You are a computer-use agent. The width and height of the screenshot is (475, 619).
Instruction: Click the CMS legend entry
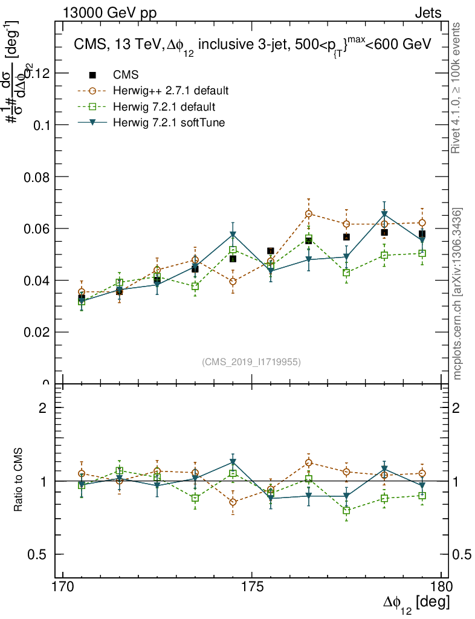[x=126, y=75]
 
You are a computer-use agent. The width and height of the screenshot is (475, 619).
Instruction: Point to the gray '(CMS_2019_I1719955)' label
[x=251, y=361]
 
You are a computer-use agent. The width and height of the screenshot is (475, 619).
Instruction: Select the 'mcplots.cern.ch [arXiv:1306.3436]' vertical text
[x=457, y=294]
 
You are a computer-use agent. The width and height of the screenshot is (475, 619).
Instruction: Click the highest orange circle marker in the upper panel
[x=309, y=214]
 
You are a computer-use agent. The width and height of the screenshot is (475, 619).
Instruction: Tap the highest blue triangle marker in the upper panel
[x=384, y=215]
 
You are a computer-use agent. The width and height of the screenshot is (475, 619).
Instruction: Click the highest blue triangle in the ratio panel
[x=233, y=462]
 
